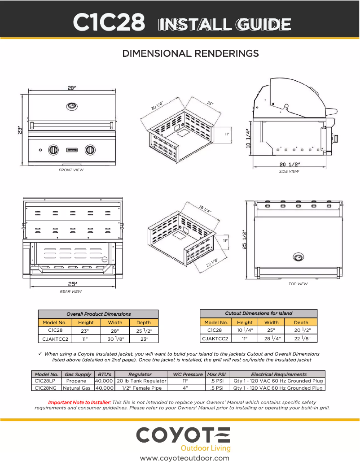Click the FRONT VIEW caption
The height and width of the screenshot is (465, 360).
click(71, 170)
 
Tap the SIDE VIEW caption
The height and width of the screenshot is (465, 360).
click(289, 171)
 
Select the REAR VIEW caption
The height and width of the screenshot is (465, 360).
click(71, 291)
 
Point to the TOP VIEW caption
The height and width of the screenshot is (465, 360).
click(298, 284)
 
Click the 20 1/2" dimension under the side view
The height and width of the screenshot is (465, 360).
click(290, 165)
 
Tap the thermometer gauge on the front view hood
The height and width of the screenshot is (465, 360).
click(71, 106)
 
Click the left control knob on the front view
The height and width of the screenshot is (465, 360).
click(53, 149)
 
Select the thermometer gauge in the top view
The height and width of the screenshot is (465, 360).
click(298, 257)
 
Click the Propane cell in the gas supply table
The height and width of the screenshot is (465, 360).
click(76, 381)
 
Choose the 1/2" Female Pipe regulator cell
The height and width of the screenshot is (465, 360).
click(141, 388)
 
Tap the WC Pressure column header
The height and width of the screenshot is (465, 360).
click(186, 374)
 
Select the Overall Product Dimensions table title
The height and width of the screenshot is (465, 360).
click(98, 314)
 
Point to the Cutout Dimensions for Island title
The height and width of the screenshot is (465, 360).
click(258, 313)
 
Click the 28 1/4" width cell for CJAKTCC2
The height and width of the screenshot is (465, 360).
click(271, 339)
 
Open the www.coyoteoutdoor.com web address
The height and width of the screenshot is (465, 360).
click(184, 458)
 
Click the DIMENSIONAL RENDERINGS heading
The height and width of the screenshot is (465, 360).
click(191, 54)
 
